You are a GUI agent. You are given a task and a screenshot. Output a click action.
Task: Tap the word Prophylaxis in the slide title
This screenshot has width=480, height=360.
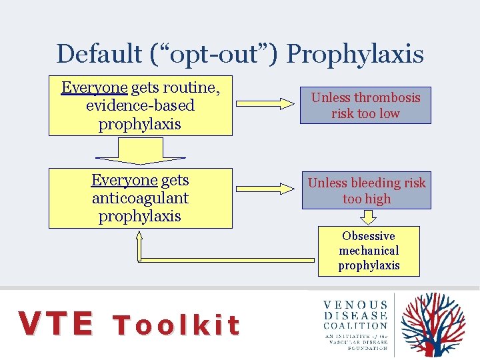tap(355, 54)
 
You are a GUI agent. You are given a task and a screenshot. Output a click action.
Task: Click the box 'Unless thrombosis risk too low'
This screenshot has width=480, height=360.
tap(365, 105)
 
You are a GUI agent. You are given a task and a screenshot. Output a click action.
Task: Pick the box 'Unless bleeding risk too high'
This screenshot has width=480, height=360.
tap(366, 191)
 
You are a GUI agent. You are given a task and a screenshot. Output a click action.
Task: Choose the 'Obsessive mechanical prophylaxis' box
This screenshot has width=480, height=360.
tap(369, 251)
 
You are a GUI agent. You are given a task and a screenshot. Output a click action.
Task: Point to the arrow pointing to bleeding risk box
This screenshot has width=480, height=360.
tap(267, 189)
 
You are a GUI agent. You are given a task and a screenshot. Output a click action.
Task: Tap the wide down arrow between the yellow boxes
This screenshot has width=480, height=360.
tap(140, 151)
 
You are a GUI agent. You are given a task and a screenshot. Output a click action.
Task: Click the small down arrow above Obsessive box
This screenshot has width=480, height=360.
tap(368, 217)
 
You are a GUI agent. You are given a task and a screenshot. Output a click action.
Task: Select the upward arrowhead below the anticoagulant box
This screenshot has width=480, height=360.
tap(140, 240)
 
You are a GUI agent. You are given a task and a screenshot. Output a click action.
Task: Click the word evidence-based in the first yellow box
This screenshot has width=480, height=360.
tap(140, 105)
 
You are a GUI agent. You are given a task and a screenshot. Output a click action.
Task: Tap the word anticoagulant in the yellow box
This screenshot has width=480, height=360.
tap(140, 198)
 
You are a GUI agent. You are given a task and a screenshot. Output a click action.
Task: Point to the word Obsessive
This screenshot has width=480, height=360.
tap(369, 236)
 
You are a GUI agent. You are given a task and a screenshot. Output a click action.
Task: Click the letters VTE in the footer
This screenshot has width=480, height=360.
tap(56, 324)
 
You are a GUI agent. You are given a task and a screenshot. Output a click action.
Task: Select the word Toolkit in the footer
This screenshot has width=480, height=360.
tap(176, 325)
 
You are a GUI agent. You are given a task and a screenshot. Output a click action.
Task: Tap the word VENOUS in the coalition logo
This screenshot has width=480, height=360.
tap(355, 305)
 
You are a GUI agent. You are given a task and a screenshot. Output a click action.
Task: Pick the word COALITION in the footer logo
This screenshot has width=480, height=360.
tap(355, 326)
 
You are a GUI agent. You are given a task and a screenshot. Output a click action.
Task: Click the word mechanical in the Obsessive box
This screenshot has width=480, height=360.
tap(369, 251)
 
